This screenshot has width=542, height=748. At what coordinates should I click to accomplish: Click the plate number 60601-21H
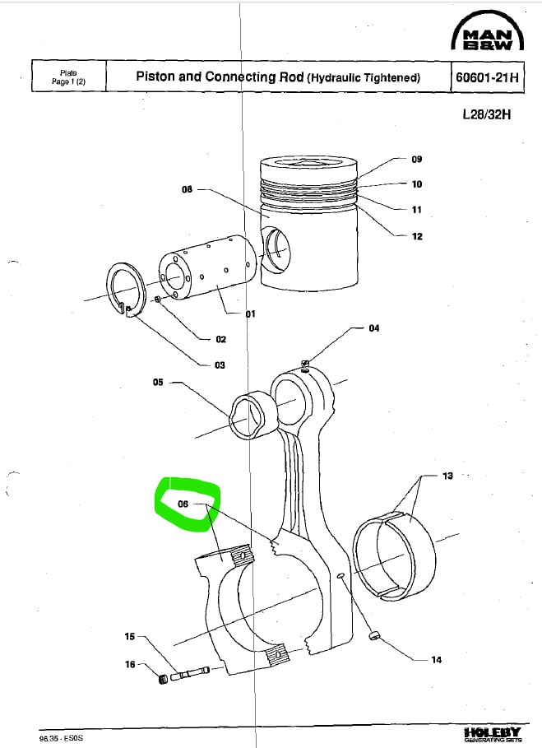487,77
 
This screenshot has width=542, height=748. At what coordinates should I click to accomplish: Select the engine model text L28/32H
487,114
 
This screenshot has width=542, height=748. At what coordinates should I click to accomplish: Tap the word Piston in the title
155,77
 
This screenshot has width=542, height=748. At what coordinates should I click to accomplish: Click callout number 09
417,160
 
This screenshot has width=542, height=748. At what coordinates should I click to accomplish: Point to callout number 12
417,236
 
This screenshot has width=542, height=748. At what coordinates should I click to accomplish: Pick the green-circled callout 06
183,504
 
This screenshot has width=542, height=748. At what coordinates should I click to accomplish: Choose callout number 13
447,476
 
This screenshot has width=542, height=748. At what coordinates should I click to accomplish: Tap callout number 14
436,660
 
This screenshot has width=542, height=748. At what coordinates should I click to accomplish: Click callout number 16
130,664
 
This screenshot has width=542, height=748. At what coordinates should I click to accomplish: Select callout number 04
374,328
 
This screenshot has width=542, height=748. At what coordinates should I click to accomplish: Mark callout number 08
187,189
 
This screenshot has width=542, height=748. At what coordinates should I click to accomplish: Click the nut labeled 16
163,678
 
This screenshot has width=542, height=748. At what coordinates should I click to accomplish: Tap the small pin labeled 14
374,635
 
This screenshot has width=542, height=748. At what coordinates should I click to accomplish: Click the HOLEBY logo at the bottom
492,734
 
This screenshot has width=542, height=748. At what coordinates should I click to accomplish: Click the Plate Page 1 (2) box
68,77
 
